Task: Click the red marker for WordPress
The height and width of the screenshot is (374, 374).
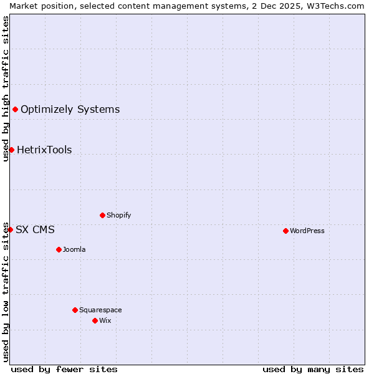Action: [x=285, y=231]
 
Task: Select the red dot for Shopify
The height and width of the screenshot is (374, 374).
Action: [x=102, y=215]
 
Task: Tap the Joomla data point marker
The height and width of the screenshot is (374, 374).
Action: [x=59, y=249]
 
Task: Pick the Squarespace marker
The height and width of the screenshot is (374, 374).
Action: [x=75, y=310]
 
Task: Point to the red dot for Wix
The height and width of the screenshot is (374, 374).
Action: [x=95, y=320]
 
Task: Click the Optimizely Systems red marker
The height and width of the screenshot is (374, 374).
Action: [x=15, y=110]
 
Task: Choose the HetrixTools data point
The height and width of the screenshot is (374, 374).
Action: [x=11, y=150]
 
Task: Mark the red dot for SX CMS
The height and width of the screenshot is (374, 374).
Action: [x=10, y=229]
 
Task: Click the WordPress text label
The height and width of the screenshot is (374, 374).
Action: [x=307, y=231]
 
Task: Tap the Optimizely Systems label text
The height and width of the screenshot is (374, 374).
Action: [x=70, y=110]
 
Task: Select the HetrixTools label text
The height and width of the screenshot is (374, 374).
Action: [x=44, y=150]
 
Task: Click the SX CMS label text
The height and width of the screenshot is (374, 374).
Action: [x=35, y=229]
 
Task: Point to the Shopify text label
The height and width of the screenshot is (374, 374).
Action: [x=118, y=215]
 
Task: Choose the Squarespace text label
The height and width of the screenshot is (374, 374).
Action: [x=100, y=310]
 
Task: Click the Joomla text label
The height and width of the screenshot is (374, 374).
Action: [x=74, y=249]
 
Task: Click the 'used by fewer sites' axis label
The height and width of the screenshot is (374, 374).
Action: [x=64, y=369]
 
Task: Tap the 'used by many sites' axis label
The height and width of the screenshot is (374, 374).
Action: [x=313, y=369]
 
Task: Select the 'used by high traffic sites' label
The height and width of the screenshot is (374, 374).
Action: [x=6, y=89]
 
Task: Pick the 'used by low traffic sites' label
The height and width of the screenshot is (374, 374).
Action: [x=6, y=291]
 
